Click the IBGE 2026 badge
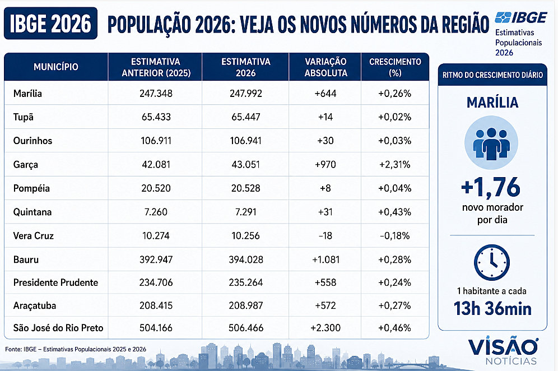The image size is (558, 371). pyautogui.click(x=50, y=24)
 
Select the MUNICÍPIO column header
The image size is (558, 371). pyautogui.click(x=56, y=67)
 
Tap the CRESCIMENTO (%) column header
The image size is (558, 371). pyautogui.click(x=395, y=67)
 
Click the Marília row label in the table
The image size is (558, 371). pyautogui.click(x=28, y=94)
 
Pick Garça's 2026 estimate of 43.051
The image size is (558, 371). pyautogui.click(x=245, y=165)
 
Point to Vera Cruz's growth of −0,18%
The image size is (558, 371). pyautogui.click(x=394, y=236)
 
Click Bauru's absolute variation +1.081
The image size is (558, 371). pyautogui.click(x=325, y=259)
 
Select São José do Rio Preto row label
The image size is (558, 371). pyautogui.click(x=58, y=328)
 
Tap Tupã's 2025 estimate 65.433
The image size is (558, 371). pyautogui.click(x=156, y=117)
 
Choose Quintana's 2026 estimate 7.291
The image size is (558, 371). pyautogui.click(x=245, y=212)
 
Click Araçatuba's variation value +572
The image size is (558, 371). pyautogui.click(x=325, y=305)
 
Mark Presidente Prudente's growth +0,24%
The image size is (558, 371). pyautogui.click(x=394, y=282)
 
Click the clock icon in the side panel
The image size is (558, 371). pyautogui.click(x=492, y=263)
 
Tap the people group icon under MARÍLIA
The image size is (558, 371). pyautogui.click(x=491, y=143)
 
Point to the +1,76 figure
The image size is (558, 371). pyautogui.click(x=491, y=187)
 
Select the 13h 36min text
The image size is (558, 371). pyautogui.click(x=492, y=309)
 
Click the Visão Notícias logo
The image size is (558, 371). pyautogui.click(x=503, y=350)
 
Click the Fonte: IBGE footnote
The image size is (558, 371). pyautogui.click(x=76, y=349)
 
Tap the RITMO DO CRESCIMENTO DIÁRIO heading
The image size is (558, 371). pyautogui.click(x=492, y=75)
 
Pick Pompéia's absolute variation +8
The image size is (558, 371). pyautogui.click(x=325, y=188)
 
